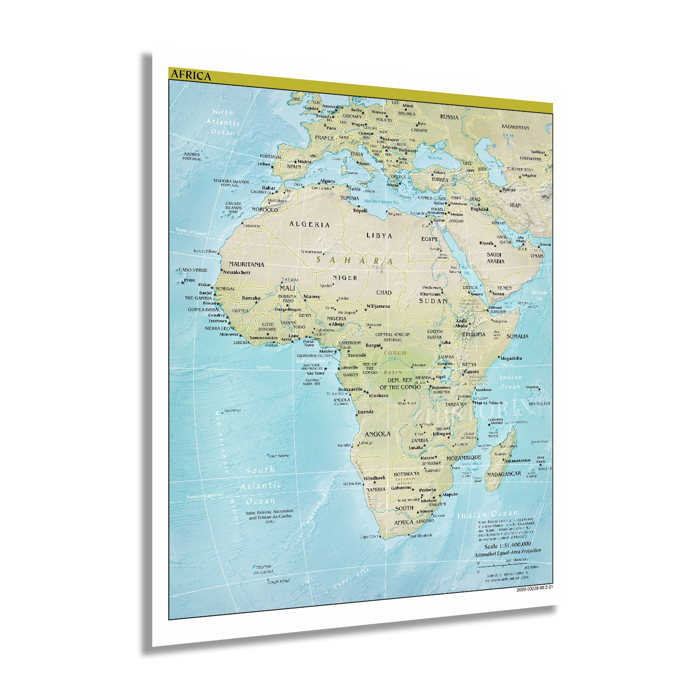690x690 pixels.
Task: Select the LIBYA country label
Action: coord(379,236)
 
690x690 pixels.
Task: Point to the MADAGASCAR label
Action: coord(504,474)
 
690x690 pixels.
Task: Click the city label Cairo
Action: coord(439,220)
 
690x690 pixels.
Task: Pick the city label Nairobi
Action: coord(471,372)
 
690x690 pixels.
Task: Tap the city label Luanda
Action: coord(365,412)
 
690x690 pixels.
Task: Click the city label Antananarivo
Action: coord(517,460)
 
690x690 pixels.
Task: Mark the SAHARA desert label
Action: coord(354,261)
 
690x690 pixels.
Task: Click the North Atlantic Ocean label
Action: coord(223,122)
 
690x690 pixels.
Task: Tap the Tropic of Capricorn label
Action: coord(204,495)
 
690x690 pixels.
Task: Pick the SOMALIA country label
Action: coord(517,336)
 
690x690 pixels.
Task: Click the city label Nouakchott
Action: coord(236,272)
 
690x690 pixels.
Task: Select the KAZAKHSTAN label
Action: coord(515,127)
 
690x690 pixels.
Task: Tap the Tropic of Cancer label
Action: coord(191,233)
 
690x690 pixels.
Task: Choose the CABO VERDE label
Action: coord(193,270)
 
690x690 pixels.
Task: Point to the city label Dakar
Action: coord(204,285)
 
